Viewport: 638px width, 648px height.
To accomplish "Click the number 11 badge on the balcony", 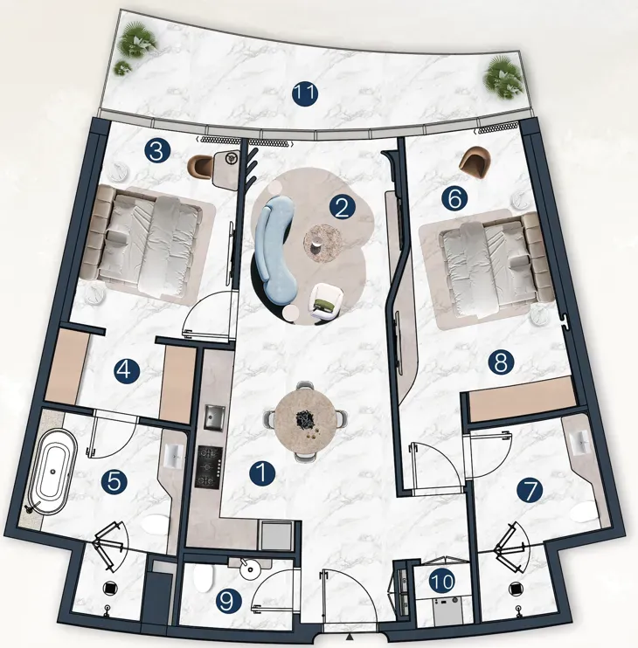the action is [x=305, y=93].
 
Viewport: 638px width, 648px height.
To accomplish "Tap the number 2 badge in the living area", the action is [x=343, y=208].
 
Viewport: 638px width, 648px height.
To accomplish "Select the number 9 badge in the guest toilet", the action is [x=229, y=601].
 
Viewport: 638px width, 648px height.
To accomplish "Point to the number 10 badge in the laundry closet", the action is [x=442, y=582].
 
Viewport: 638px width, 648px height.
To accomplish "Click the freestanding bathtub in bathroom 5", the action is [x=54, y=472].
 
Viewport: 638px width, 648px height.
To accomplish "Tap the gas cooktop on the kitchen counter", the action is [x=210, y=466].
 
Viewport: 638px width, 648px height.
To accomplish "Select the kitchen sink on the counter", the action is [x=214, y=417].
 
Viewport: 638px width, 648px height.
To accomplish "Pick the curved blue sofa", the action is [x=274, y=247].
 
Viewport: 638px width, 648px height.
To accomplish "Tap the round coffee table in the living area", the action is [x=322, y=244].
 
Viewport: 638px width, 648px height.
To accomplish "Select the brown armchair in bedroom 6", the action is [x=475, y=162].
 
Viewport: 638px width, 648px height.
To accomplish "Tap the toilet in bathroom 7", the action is [x=584, y=513].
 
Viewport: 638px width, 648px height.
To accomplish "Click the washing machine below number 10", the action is [x=447, y=610].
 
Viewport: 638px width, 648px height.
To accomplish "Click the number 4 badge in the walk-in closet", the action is [x=128, y=370].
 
